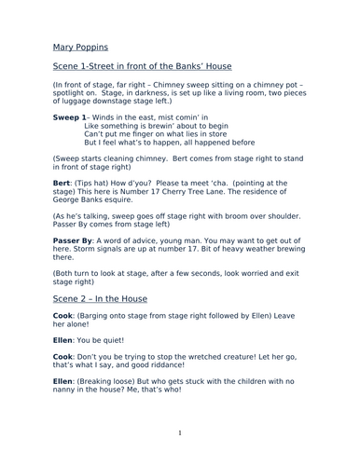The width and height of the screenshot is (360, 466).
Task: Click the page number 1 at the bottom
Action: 180,433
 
